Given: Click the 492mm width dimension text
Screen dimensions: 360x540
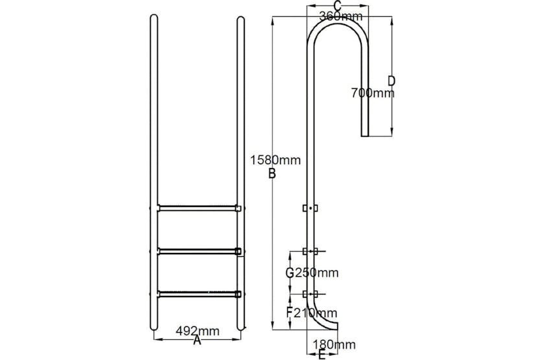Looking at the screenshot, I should pyautogui.click(x=198, y=330).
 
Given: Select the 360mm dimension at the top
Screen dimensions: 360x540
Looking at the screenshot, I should pyautogui.click(x=341, y=17).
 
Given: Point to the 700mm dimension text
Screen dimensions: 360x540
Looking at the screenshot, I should pyautogui.click(x=371, y=93).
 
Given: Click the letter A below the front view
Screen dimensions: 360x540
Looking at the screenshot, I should pyautogui.click(x=197, y=339).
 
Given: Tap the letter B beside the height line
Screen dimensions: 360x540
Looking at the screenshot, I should pyautogui.click(x=272, y=173).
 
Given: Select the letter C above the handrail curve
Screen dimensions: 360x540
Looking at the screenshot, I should pyautogui.click(x=338, y=6).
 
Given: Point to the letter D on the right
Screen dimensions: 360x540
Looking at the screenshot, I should pyautogui.click(x=391, y=80).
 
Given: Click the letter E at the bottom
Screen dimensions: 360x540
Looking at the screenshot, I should pyautogui.click(x=322, y=354).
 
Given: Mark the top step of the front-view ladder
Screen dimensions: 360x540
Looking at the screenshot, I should pyautogui.click(x=197, y=208).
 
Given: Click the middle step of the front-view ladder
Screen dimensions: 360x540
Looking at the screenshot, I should pyautogui.click(x=197, y=251).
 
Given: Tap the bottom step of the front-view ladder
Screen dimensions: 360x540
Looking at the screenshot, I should pyautogui.click(x=197, y=293).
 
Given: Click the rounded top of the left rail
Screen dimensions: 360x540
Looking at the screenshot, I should pyautogui.click(x=154, y=20).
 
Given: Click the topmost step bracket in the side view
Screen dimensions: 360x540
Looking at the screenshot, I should pyautogui.click(x=311, y=208).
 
